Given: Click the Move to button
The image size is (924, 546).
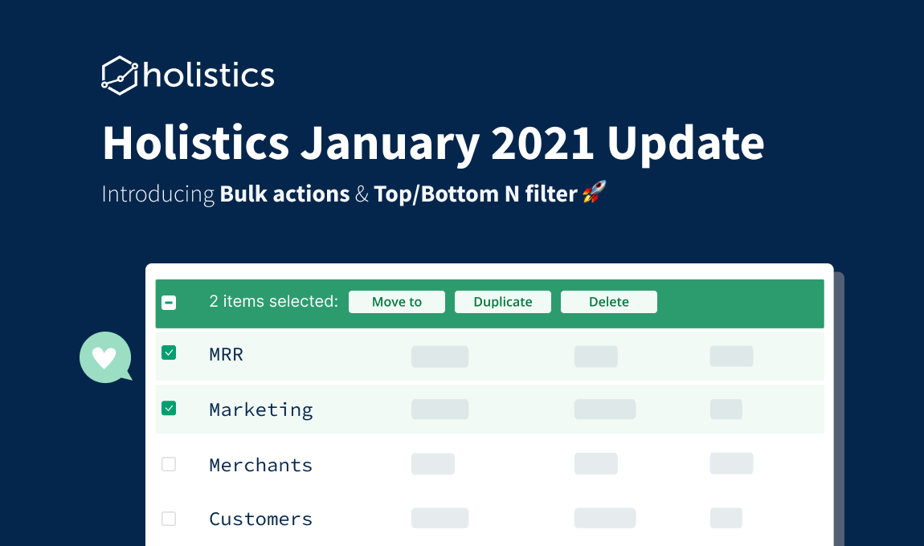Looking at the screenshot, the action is click(x=397, y=302).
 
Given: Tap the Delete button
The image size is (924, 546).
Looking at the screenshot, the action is click(x=609, y=302).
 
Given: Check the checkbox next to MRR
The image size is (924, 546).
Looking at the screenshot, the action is click(x=169, y=352).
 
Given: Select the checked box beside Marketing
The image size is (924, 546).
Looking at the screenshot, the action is click(x=169, y=408).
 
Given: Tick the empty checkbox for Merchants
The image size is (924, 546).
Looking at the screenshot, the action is click(x=169, y=464).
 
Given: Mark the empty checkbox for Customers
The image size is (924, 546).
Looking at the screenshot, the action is click(x=169, y=519).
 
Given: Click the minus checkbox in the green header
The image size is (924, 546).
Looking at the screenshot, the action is click(x=169, y=303).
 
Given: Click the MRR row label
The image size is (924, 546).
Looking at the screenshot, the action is click(x=227, y=355).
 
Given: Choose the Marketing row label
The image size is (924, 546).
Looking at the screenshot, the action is click(x=261, y=410).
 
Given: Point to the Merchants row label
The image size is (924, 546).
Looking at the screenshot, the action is click(x=261, y=466).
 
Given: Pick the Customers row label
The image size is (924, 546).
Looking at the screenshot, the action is click(x=261, y=519).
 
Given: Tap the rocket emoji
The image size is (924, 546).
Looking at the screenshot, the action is click(x=594, y=192).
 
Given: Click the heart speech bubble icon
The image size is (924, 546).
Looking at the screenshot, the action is click(x=105, y=357).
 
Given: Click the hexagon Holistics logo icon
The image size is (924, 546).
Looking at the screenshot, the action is click(x=120, y=75).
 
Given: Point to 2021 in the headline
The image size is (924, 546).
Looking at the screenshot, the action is click(x=542, y=143).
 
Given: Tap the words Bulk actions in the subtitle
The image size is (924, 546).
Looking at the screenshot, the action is click(x=284, y=194).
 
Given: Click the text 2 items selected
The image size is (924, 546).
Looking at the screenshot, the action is click(x=273, y=302).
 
